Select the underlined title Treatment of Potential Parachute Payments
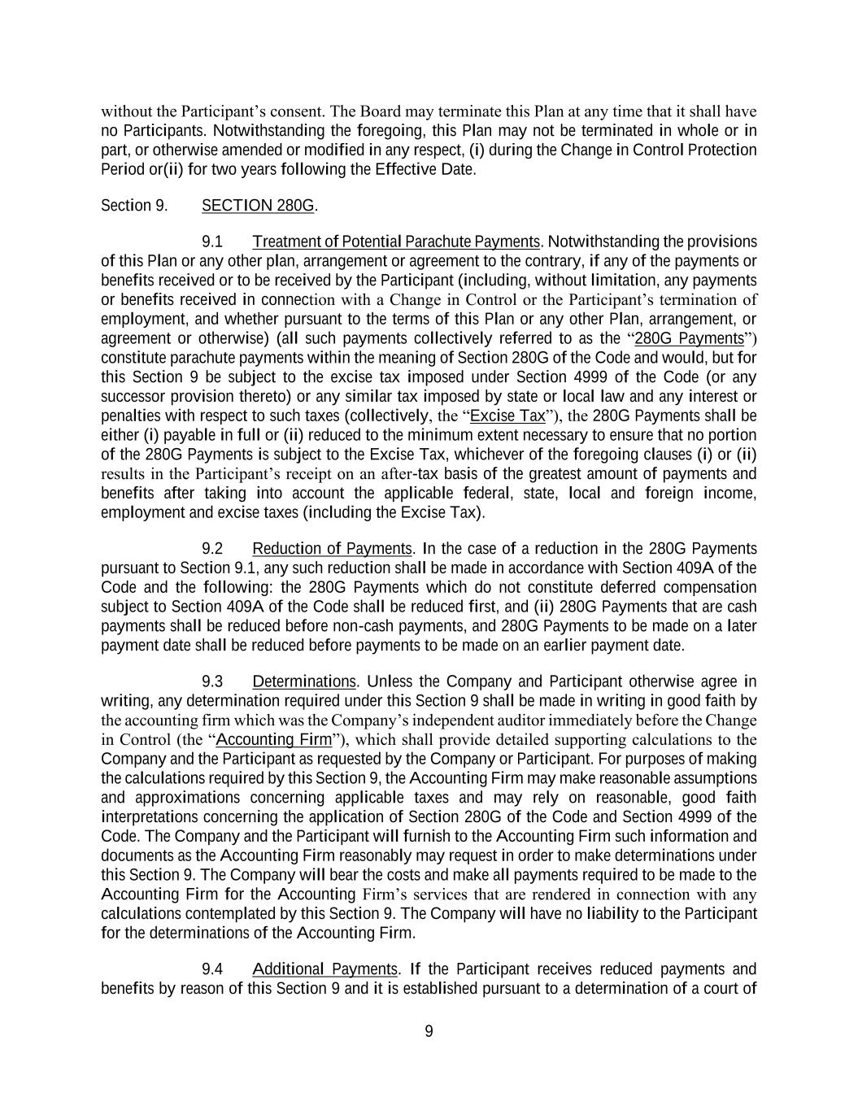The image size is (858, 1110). click(x=396, y=242)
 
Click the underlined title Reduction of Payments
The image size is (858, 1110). click(x=333, y=549)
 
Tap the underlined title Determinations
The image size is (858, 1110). click(x=304, y=681)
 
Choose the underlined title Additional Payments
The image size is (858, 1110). click(x=325, y=969)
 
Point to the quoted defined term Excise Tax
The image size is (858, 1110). click(x=508, y=416)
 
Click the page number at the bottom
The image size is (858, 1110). click(x=429, y=1032)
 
